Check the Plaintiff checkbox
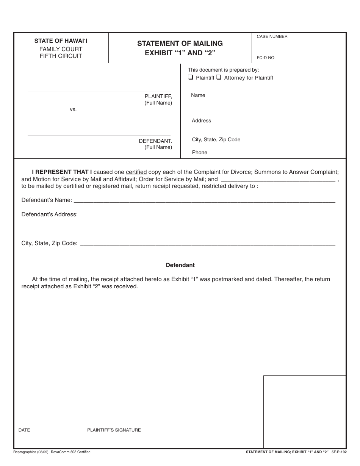[191, 78]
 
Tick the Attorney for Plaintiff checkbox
[219, 78]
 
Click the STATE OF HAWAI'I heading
[61, 41]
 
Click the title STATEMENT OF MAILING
[180, 44]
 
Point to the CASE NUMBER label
[272, 37]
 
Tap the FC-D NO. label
[266, 58]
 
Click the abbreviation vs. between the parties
[73, 109]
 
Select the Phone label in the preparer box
[199, 152]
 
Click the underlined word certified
[136, 172]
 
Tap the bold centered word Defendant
[180, 265]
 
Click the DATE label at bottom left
[24, 430]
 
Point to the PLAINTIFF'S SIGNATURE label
[114, 430]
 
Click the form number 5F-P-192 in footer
[338, 452]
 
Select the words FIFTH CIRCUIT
[61, 56]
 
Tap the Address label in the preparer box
[201, 120]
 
